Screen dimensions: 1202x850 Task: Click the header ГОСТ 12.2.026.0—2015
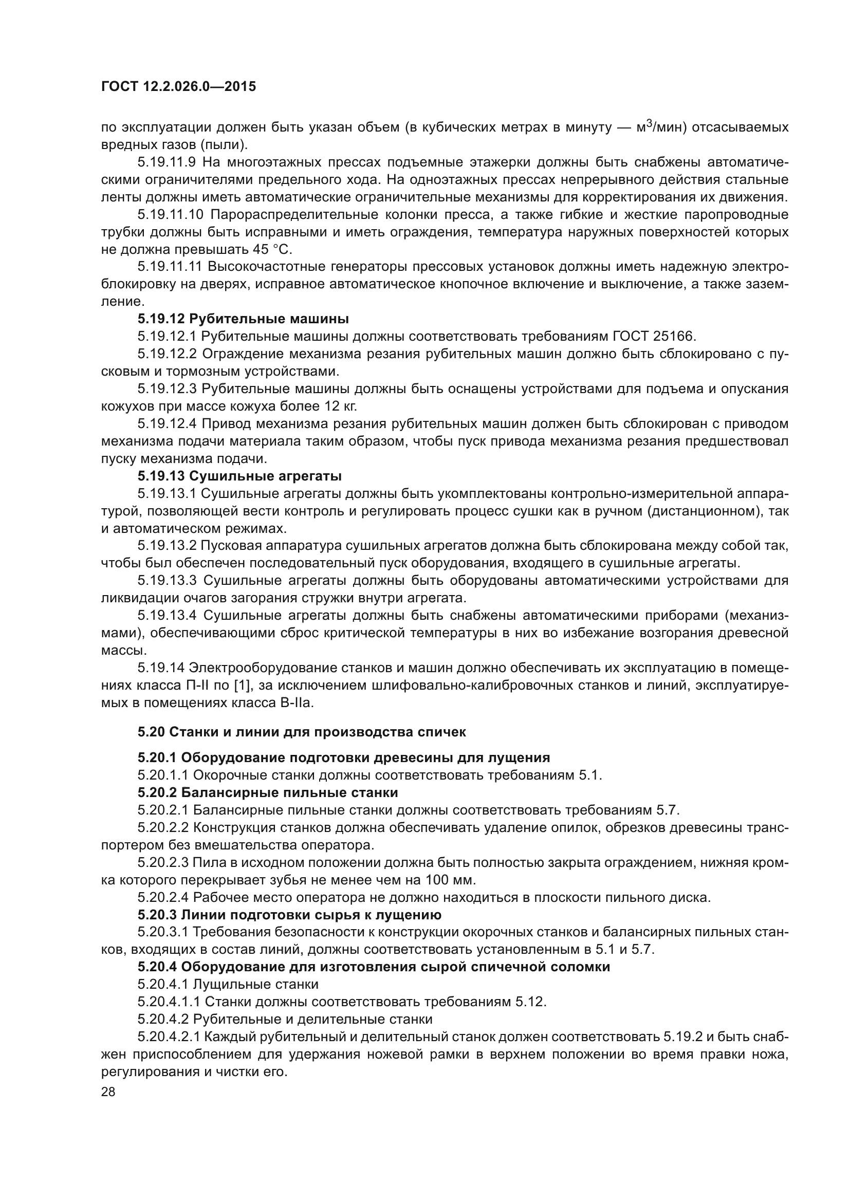click(x=178, y=87)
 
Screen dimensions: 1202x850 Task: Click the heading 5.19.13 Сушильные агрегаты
click(x=239, y=476)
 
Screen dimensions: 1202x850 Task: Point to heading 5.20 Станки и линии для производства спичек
click(x=302, y=732)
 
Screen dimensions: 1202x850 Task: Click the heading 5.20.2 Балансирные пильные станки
click(x=267, y=792)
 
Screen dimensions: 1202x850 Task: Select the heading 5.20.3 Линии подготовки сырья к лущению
click(x=289, y=915)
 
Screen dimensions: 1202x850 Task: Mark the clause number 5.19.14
click(x=161, y=668)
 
